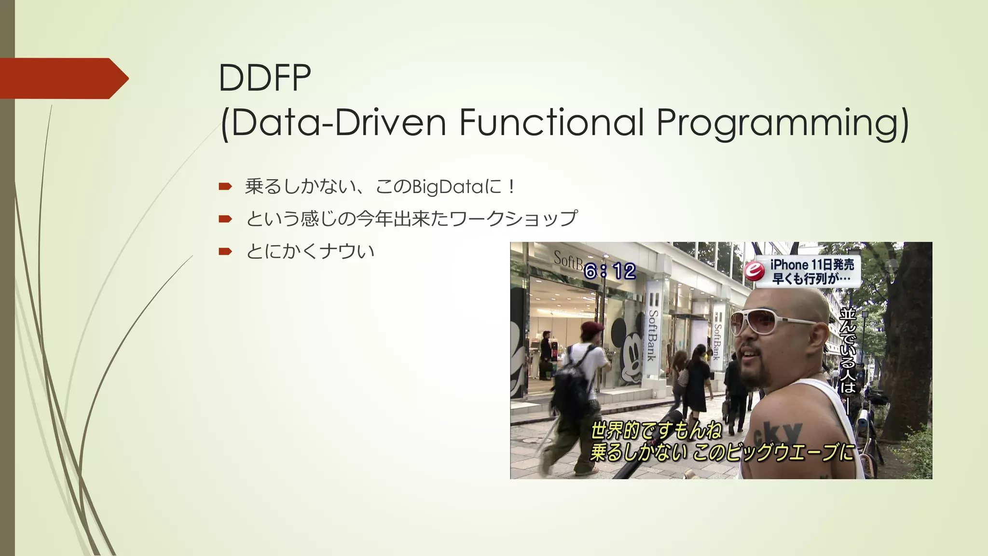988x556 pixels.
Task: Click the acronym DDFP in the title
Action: coord(264,78)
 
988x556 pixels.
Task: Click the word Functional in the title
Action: coord(551,123)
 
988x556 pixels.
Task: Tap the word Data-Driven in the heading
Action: coord(338,123)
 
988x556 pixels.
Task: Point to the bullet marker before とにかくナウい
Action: coord(225,251)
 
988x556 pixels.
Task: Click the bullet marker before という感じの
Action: coord(225,219)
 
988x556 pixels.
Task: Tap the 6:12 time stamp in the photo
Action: coord(609,271)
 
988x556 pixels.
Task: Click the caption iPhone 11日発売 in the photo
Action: coord(812,264)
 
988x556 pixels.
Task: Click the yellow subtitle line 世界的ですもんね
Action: coord(656,430)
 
